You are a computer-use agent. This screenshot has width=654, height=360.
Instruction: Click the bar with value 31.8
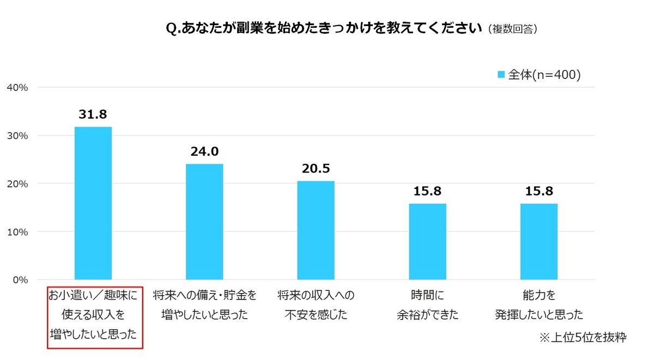93,203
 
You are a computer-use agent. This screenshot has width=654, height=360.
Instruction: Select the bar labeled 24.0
204,222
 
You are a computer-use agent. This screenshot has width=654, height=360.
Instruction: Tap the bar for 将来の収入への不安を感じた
316,230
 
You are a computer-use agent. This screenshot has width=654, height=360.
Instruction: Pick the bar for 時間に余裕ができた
428,241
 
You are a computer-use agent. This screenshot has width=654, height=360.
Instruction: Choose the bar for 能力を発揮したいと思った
539,241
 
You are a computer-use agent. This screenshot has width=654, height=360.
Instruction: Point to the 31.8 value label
93,114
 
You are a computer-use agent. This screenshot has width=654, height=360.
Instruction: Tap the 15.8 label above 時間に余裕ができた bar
428,191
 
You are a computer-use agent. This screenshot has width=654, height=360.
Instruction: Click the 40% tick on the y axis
17,87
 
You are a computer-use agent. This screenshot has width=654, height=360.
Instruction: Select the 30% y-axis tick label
17,136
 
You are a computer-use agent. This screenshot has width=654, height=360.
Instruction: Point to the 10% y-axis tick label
17,232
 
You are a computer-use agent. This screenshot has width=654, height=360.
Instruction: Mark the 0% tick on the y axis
20,280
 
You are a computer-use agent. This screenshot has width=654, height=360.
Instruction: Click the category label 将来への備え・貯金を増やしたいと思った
204,305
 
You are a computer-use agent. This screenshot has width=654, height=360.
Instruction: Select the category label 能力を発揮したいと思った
539,305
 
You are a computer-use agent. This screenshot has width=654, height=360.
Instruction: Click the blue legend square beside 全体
501,75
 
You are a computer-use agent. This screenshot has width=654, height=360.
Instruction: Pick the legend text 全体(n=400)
544,75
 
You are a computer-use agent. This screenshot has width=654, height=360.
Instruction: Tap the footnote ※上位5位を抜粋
583,338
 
